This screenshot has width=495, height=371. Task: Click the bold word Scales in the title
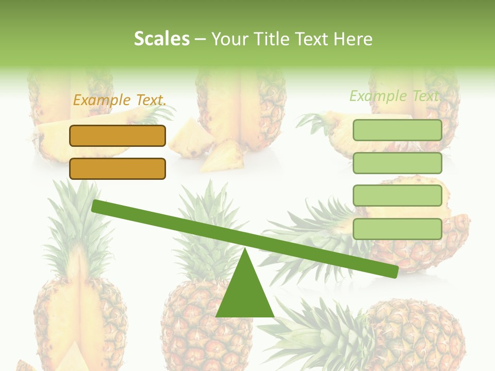161,39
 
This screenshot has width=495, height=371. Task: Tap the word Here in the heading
353,39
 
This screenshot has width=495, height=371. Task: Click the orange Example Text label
120,100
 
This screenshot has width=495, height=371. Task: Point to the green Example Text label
395,96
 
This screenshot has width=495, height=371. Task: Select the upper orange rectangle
118,136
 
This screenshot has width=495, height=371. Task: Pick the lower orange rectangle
118,168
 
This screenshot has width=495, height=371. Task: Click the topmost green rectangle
398,130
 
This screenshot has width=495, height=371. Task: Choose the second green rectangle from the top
398,163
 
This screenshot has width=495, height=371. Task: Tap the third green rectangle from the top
398,195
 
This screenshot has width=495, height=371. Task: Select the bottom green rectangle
398,229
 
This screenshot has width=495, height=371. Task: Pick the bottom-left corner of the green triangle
217,316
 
